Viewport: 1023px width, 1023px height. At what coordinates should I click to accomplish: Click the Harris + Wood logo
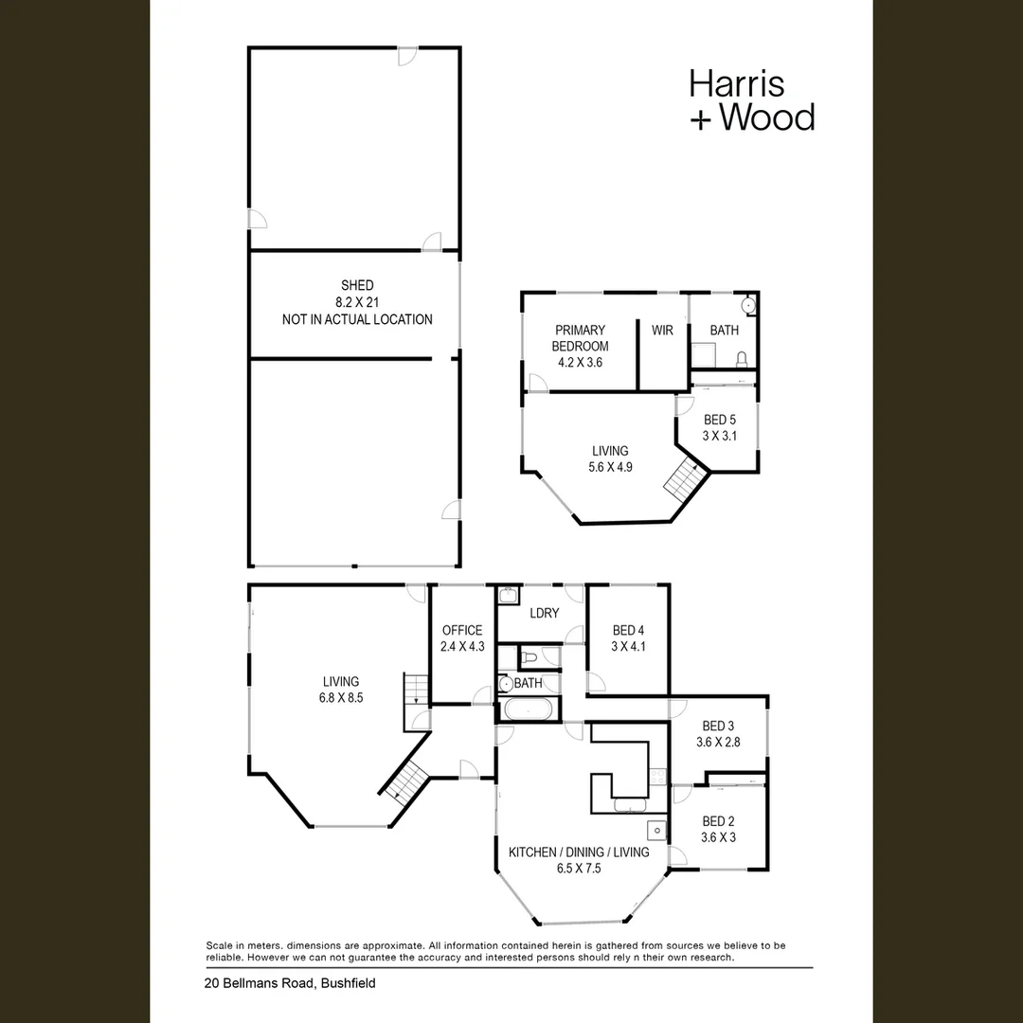click(752, 100)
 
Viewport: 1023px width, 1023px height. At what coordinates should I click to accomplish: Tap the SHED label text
click(357, 285)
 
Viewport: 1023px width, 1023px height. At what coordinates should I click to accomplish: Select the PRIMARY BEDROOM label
click(580, 338)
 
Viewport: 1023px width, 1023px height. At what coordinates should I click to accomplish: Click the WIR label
click(662, 331)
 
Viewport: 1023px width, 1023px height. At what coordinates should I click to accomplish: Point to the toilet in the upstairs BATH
click(741, 360)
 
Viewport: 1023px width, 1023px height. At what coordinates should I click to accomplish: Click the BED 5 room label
click(720, 420)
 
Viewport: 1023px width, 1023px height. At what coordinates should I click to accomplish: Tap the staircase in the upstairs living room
click(686, 479)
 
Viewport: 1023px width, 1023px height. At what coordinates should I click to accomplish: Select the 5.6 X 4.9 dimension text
click(610, 467)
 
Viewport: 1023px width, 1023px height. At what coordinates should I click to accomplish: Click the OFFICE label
click(462, 630)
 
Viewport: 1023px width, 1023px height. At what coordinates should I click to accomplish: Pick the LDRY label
click(544, 613)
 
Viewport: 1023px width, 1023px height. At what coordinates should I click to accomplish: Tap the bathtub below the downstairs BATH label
click(529, 709)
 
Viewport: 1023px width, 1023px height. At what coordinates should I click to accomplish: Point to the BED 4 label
click(628, 630)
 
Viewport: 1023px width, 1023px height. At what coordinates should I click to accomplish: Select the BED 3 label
click(718, 726)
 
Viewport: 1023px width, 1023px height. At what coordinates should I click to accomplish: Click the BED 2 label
click(718, 821)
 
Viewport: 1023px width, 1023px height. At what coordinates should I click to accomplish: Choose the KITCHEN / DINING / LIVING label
click(579, 852)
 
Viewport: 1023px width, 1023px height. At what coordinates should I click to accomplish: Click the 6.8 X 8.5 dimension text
click(341, 697)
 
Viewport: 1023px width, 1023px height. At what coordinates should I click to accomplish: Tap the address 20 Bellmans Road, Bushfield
click(290, 983)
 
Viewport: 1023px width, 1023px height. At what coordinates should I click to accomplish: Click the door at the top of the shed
click(407, 56)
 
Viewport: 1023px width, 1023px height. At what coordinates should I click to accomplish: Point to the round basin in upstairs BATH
click(747, 305)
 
